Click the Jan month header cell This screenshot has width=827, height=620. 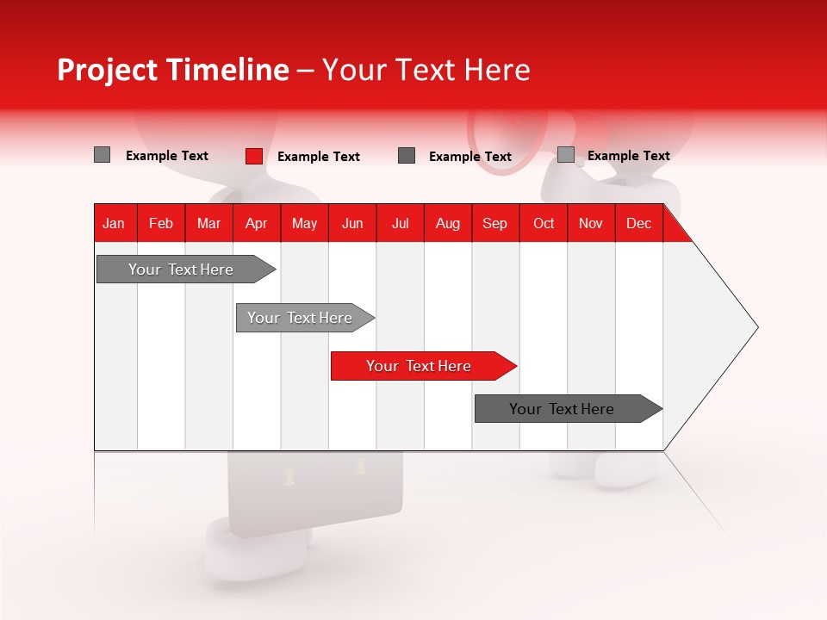tap(115, 223)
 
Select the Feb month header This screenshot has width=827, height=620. tap(161, 223)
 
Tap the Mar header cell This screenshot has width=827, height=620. tap(208, 223)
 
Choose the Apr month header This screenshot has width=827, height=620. tap(257, 223)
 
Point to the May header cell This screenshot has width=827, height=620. tap(304, 223)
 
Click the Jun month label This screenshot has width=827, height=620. tap(352, 223)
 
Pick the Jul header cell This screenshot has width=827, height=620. tap(400, 223)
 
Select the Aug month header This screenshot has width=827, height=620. tap(448, 223)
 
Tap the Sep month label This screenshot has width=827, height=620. tap(495, 223)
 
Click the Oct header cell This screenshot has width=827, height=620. tap(544, 223)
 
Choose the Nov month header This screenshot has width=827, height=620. tap(591, 223)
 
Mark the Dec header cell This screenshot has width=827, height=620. tap(639, 223)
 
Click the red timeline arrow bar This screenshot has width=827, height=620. tap(420, 366)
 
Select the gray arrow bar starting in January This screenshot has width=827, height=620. tap(182, 270)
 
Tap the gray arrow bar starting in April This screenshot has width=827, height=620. tap(301, 318)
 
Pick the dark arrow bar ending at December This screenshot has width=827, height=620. tap(563, 409)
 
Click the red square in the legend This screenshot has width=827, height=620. tap(254, 156)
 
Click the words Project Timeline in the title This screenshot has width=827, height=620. tap(173, 70)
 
